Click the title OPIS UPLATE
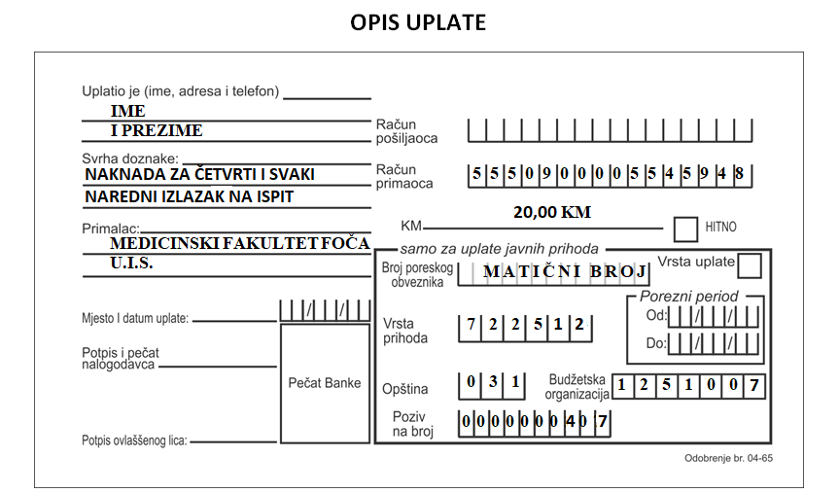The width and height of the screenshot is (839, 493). tap(418, 22)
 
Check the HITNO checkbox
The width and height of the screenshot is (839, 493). tap(685, 229)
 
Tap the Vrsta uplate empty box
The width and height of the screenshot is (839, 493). tap(750, 265)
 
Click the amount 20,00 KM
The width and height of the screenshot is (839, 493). tap(552, 213)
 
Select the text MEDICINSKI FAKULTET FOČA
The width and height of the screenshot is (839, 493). tap(240, 243)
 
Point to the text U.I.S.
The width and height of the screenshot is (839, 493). tap(131, 264)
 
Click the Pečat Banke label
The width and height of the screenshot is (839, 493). tap(325, 383)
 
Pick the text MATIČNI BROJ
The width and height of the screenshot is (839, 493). tap(566, 271)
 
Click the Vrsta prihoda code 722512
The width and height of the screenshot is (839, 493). tap(525, 325)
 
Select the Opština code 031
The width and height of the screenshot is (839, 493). tap(493, 381)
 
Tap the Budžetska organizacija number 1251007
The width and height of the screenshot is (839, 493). tap(688, 385)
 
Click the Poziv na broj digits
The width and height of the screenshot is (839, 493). tap(534, 422)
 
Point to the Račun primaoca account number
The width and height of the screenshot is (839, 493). tap(609, 173)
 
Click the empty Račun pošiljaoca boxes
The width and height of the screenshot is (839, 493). tap(610, 130)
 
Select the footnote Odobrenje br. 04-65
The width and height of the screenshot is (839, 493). tap(728, 458)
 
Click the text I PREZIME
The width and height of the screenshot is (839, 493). tap(157, 130)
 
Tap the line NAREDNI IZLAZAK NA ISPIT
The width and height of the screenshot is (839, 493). tap(190, 197)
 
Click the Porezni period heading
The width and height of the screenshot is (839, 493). tap(688, 297)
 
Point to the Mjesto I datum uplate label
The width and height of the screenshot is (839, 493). tap(135, 319)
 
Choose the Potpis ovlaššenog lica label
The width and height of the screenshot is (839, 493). tap(134, 440)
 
